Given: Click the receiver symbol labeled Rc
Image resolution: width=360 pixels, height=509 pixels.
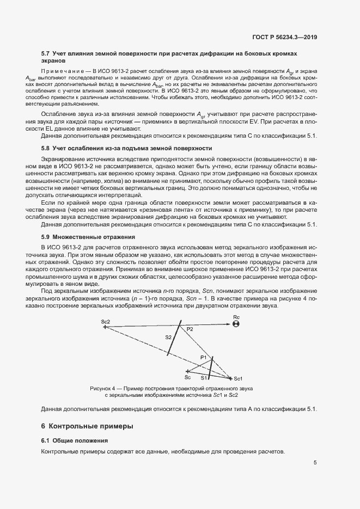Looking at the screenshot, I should click(235, 324).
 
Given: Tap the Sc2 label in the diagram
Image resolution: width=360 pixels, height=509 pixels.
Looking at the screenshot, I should click(106, 322).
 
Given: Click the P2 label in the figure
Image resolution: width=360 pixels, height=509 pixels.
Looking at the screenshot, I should click(190, 330).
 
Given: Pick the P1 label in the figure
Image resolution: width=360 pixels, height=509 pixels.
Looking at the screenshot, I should click(204, 357).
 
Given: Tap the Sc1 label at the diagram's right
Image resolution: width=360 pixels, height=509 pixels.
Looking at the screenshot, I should click(237, 378).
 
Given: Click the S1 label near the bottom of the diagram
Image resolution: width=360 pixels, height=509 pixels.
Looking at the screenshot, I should click(204, 377).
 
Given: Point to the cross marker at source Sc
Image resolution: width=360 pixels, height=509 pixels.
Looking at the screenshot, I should click(187, 370).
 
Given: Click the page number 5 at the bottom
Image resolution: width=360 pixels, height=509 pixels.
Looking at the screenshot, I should click(315, 463).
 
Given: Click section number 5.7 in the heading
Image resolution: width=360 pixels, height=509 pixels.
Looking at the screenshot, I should click(46, 54).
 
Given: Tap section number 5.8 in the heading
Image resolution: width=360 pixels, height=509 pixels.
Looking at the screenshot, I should click(46, 148).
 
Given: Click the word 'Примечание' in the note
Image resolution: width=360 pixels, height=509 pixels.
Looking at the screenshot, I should click(59, 72).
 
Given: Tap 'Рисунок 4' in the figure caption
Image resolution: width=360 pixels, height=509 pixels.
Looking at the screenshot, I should click(104, 388).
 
